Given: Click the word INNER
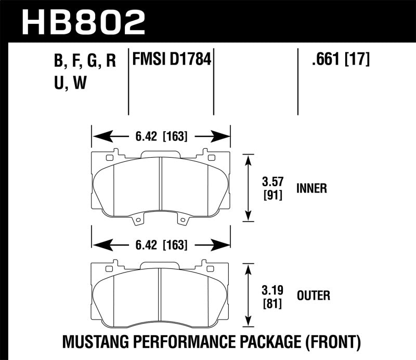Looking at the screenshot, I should pos(311,188).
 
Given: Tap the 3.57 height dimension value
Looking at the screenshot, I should pos(271,183).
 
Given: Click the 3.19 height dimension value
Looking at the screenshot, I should pos(271,290).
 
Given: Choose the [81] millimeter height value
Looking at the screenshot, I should pos(271,302).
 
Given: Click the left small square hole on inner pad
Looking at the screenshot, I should pos(109,157).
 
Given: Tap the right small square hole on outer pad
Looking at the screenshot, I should pos(211,268).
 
